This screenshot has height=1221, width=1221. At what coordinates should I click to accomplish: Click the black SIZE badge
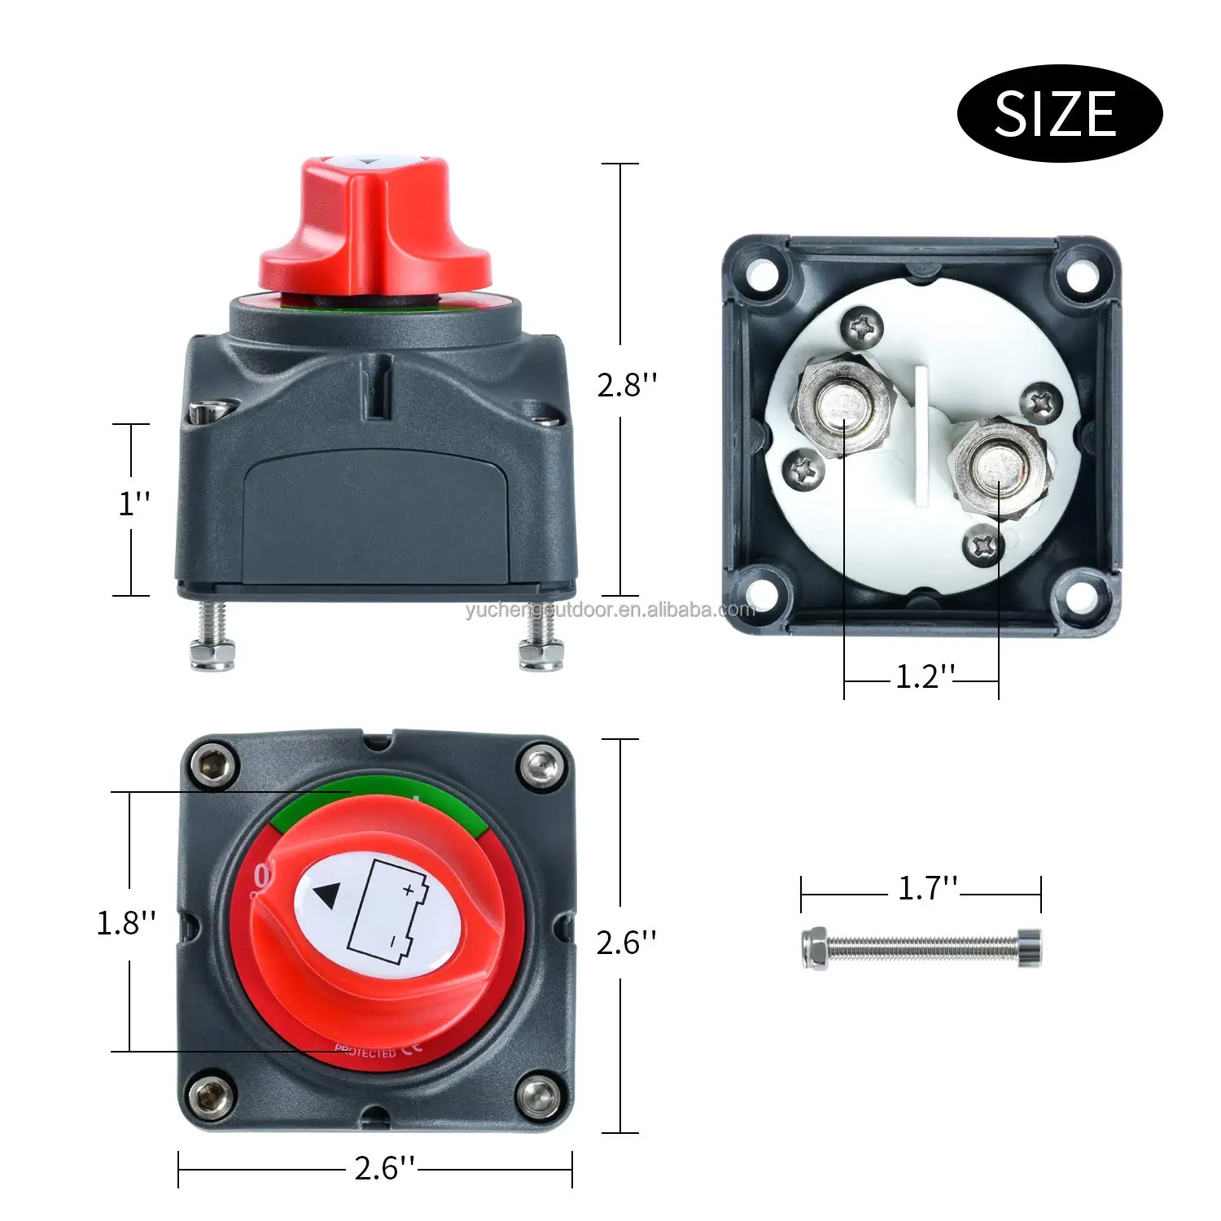[1059, 113]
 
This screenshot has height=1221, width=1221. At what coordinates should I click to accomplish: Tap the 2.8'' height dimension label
[626, 384]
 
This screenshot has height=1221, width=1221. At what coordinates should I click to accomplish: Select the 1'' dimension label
[134, 503]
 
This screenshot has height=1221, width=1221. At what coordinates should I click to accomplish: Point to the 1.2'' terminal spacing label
[924, 676]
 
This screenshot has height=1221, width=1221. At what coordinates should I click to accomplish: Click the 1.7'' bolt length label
[927, 888]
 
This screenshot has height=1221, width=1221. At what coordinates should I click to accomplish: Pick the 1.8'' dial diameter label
[125, 923]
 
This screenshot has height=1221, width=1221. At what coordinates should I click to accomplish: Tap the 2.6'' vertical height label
[625, 943]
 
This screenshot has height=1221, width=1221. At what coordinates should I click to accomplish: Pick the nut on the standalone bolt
[814, 947]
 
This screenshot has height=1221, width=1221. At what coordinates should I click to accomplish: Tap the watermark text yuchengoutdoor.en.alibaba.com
[610, 610]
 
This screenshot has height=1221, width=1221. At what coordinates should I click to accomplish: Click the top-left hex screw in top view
[213, 765]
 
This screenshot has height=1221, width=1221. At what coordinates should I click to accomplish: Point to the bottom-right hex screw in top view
[540, 1096]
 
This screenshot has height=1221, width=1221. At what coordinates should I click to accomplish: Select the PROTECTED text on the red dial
[365, 1052]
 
